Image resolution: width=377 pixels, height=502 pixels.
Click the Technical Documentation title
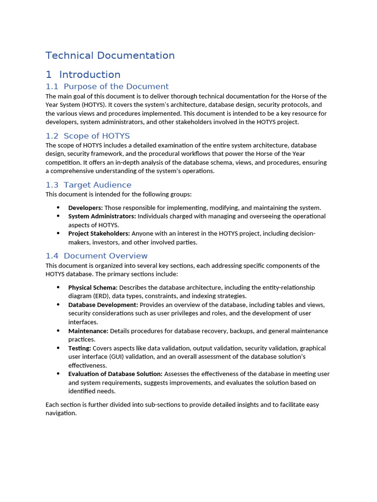(x=110, y=55)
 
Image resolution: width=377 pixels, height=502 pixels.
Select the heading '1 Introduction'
(x=83, y=75)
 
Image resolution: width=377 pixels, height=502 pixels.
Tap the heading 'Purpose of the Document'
(x=116, y=86)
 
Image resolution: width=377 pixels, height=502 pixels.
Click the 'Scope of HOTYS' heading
(x=97, y=136)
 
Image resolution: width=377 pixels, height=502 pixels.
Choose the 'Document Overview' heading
(x=106, y=256)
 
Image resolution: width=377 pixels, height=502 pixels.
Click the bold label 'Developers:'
(x=85, y=208)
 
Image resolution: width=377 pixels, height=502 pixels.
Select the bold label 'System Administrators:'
(x=102, y=216)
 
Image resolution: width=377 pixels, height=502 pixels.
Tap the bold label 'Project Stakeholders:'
(x=99, y=234)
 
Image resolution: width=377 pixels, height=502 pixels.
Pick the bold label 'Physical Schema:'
(x=93, y=288)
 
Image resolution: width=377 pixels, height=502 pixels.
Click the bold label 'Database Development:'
(x=103, y=305)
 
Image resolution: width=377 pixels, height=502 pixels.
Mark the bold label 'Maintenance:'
(x=88, y=331)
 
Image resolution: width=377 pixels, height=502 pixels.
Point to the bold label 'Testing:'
(x=80, y=349)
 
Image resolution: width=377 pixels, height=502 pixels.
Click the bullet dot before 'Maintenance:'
(x=58, y=331)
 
